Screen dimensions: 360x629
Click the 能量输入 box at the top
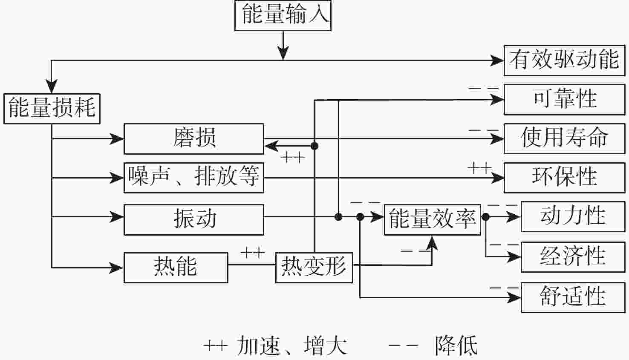(x=283, y=16)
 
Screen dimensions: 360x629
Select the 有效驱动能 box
(x=564, y=60)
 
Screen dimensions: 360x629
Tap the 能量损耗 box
(x=52, y=109)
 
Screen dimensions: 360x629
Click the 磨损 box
(x=193, y=139)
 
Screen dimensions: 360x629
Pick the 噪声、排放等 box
(x=193, y=178)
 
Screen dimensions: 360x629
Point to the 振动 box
(x=193, y=219)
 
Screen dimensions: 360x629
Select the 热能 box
(x=176, y=268)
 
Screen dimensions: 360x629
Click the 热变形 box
(x=314, y=268)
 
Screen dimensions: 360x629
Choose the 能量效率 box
(x=432, y=219)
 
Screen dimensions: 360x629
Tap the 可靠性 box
(x=564, y=100)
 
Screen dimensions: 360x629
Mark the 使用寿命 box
(x=564, y=138)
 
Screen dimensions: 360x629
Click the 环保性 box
(x=564, y=178)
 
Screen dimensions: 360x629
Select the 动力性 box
(x=572, y=217)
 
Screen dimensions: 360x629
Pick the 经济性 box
(x=572, y=257)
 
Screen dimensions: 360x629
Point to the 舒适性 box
(x=572, y=297)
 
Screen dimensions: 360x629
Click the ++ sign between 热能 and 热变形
(x=253, y=253)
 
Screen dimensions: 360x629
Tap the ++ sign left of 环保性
(x=479, y=168)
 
